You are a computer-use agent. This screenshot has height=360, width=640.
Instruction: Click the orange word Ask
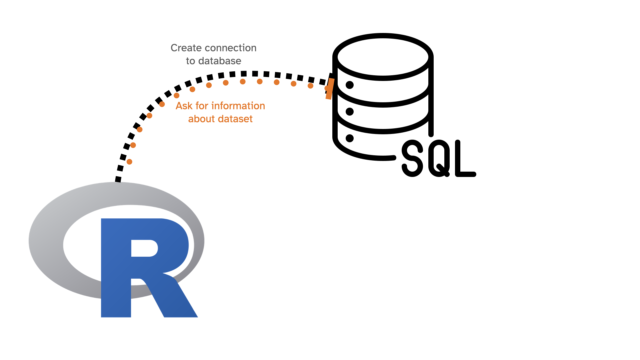184,106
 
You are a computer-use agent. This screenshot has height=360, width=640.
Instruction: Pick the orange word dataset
237,119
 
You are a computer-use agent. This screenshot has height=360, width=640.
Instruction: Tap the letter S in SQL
413,158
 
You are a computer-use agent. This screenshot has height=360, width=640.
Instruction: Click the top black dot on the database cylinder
350,85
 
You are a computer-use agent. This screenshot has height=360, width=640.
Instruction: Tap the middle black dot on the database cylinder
350,112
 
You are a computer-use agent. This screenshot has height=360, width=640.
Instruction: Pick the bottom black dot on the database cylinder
350,138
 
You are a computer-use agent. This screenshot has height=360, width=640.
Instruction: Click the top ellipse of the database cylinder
383,57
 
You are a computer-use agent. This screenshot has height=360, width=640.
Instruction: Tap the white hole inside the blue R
144,248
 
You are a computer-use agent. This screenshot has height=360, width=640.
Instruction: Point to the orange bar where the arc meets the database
330,89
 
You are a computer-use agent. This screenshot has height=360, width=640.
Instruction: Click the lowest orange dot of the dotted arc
130,162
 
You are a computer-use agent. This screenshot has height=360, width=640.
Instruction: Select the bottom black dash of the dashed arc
118,179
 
